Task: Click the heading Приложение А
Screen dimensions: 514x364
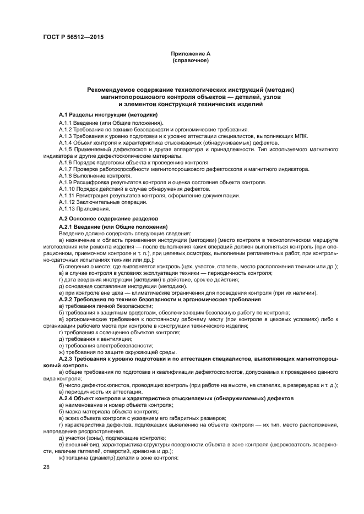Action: tap(191, 53)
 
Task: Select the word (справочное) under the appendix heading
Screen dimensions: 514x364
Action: tap(191, 60)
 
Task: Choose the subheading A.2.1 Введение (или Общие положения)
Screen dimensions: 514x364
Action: tap(113, 226)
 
